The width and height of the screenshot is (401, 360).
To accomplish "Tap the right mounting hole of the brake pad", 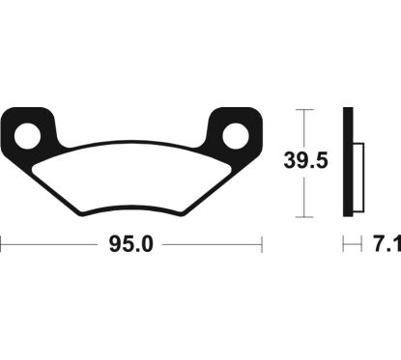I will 236,135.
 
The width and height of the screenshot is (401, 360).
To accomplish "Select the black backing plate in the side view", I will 350,163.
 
